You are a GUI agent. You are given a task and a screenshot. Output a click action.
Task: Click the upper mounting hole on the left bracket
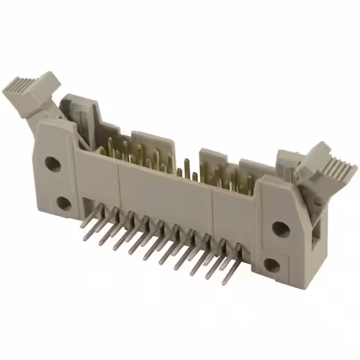tap(52, 164)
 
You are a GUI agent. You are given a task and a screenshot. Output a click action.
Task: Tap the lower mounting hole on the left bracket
tap(64, 203)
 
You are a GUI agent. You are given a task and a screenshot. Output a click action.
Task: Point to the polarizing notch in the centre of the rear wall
tap(183, 152)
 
